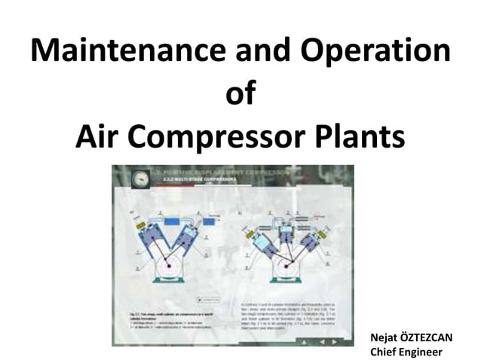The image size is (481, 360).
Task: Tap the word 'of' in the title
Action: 240,96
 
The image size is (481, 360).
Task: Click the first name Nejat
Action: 382,337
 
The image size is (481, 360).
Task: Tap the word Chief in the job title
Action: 382,350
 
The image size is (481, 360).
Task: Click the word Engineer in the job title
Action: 421,350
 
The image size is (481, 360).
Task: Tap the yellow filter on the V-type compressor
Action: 139,225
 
